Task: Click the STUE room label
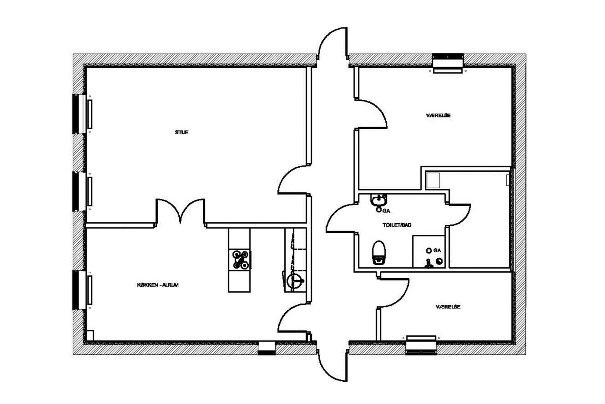click(181, 132)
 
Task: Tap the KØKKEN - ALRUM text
click(158, 285)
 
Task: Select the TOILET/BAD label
click(397, 225)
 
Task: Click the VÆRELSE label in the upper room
click(438, 115)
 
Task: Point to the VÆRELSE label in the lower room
click(448, 307)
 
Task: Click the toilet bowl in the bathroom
click(379, 252)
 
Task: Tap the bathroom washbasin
click(378, 200)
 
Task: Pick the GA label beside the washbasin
click(386, 211)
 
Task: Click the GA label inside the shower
click(437, 250)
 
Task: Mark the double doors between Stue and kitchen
click(181, 212)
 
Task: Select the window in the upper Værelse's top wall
click(448, 63)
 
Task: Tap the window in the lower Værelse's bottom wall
click(421, 345)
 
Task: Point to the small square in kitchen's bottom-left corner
click(90, 335)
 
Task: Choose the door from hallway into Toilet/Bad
click(341, 218)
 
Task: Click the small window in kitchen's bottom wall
click(267, 348)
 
